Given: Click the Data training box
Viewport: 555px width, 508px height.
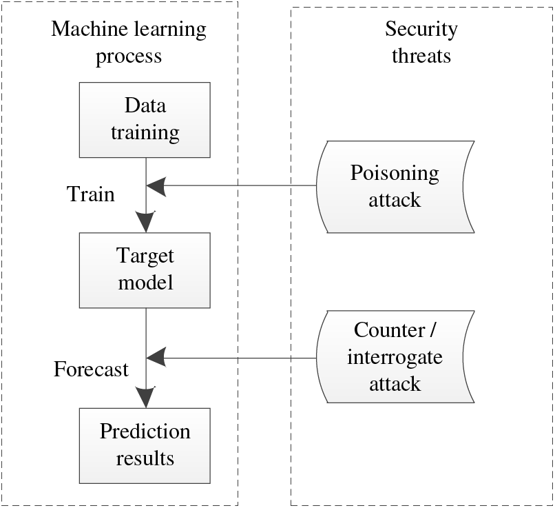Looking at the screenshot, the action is pos(145,120).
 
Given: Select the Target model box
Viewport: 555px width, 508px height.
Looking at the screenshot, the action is pos(145,270).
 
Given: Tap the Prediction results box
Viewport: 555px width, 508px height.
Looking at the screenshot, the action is pos(145,446).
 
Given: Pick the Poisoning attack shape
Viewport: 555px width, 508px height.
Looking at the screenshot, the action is pos(395,187).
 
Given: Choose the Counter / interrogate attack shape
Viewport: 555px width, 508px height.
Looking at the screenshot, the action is pos(395,357).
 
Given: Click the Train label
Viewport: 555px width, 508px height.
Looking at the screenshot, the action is pos(91,194).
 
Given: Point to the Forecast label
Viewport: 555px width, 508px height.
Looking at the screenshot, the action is pos(91,369).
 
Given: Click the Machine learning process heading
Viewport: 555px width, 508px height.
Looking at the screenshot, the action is pos(129,42).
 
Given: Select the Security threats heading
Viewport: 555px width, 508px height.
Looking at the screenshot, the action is pos(421,42).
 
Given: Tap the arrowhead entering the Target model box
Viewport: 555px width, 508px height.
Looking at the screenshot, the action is pos(146,222).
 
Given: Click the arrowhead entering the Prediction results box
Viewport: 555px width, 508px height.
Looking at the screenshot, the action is pos(146,397).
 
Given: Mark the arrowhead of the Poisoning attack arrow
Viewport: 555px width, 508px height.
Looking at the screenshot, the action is pos(156,185).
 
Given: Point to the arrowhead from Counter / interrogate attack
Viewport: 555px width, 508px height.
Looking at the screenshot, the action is pos(156,358).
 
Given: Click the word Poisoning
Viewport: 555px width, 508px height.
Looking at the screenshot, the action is pos(395,174).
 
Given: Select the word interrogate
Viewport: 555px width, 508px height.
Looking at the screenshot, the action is pos(395,357).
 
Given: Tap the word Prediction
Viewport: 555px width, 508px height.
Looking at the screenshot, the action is pos(145,431).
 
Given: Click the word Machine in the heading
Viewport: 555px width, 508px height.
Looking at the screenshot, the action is pos(85,29).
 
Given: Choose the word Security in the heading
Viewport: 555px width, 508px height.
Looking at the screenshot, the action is pos(421,30).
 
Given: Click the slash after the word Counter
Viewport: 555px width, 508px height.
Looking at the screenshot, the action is pos(433,330).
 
